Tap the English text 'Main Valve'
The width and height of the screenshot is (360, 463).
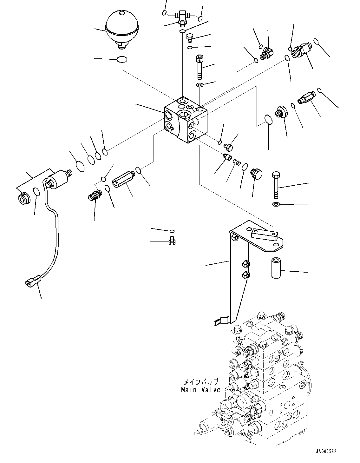point(200,390)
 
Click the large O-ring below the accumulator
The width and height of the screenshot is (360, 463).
point(122,59)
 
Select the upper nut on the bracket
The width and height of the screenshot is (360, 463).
point(245,263)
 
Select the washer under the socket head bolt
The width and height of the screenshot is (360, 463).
point(200,85)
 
